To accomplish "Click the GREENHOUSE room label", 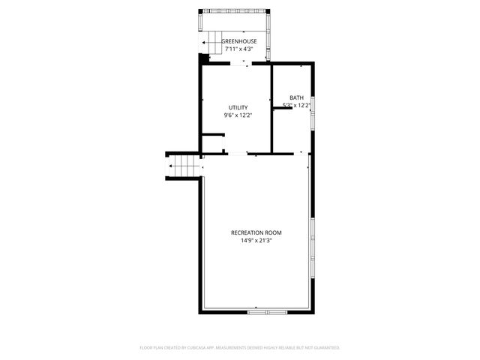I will pos(239,41).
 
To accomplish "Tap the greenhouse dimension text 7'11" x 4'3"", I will pos(239,49).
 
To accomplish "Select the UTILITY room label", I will pos(238,107).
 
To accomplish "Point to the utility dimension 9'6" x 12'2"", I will pos(238,115).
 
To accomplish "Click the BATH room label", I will pos(297,97).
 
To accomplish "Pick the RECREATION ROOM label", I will pos(256,232).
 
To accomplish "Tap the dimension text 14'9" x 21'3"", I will pos(256,241).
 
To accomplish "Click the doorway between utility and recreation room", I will pos(236,154).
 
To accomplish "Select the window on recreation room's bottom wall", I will pos(266,310).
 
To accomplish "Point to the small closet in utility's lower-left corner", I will pos(212,144).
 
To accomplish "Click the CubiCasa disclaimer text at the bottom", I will pos(240,347).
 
